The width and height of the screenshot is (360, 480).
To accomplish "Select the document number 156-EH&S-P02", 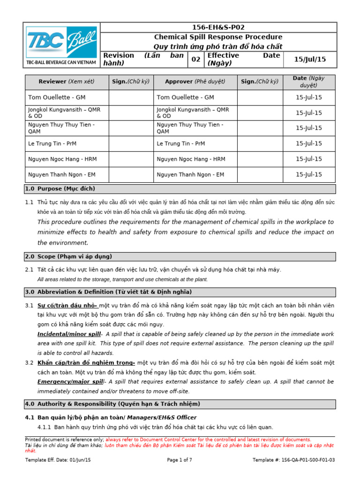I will pyautogui.click(x=218, y=28).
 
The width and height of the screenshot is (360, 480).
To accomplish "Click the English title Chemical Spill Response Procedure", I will pyautogui.click(x=218, y=37).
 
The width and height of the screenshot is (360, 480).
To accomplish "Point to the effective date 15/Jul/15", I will pyautogui.click(x=309, y=59).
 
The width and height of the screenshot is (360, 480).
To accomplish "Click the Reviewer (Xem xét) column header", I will pyautogui.click(x=67, y=82).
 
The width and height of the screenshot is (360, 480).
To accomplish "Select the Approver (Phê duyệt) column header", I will pyautogui.click(x=195, y=82).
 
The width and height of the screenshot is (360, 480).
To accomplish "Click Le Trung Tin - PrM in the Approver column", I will pyautogui.click(x=181, y=143).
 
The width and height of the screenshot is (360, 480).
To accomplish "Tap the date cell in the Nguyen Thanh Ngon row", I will pyautogui.click(x=309, y=174).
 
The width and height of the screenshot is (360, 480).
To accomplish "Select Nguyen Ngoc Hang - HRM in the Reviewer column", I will pyautogui.click(x=61, y=159).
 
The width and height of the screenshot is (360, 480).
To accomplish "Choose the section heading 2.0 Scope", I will pyautogui.click(x=68, y=256).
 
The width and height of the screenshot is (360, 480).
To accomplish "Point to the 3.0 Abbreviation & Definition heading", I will pyautogui.click(x=108, y=292).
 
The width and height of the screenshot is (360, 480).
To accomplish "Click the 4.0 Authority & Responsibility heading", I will pyautogui.click(x=112, y=404).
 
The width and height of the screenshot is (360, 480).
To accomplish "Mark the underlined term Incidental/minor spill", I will pyautogui.click(x=69, y=334).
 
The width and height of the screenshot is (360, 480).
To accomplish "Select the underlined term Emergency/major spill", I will pyautogui.click(x=70, y=382).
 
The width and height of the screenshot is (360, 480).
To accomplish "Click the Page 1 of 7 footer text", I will pyautogui.click(x=180, y=460).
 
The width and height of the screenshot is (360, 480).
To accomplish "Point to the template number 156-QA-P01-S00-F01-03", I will pyautogui.click(x=294, y=460).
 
